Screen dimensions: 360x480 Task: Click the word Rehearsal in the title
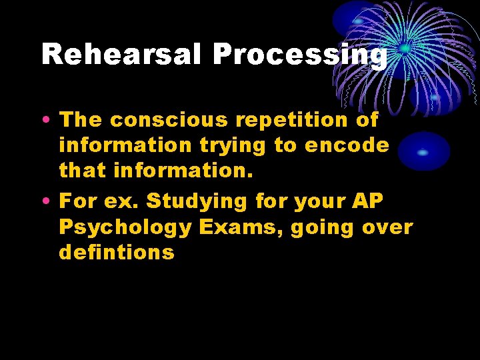point(122,55)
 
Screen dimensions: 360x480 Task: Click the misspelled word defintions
point(117,253)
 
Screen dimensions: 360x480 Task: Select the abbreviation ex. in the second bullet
point(123,201)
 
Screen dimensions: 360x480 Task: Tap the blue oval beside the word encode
point(423,151)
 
